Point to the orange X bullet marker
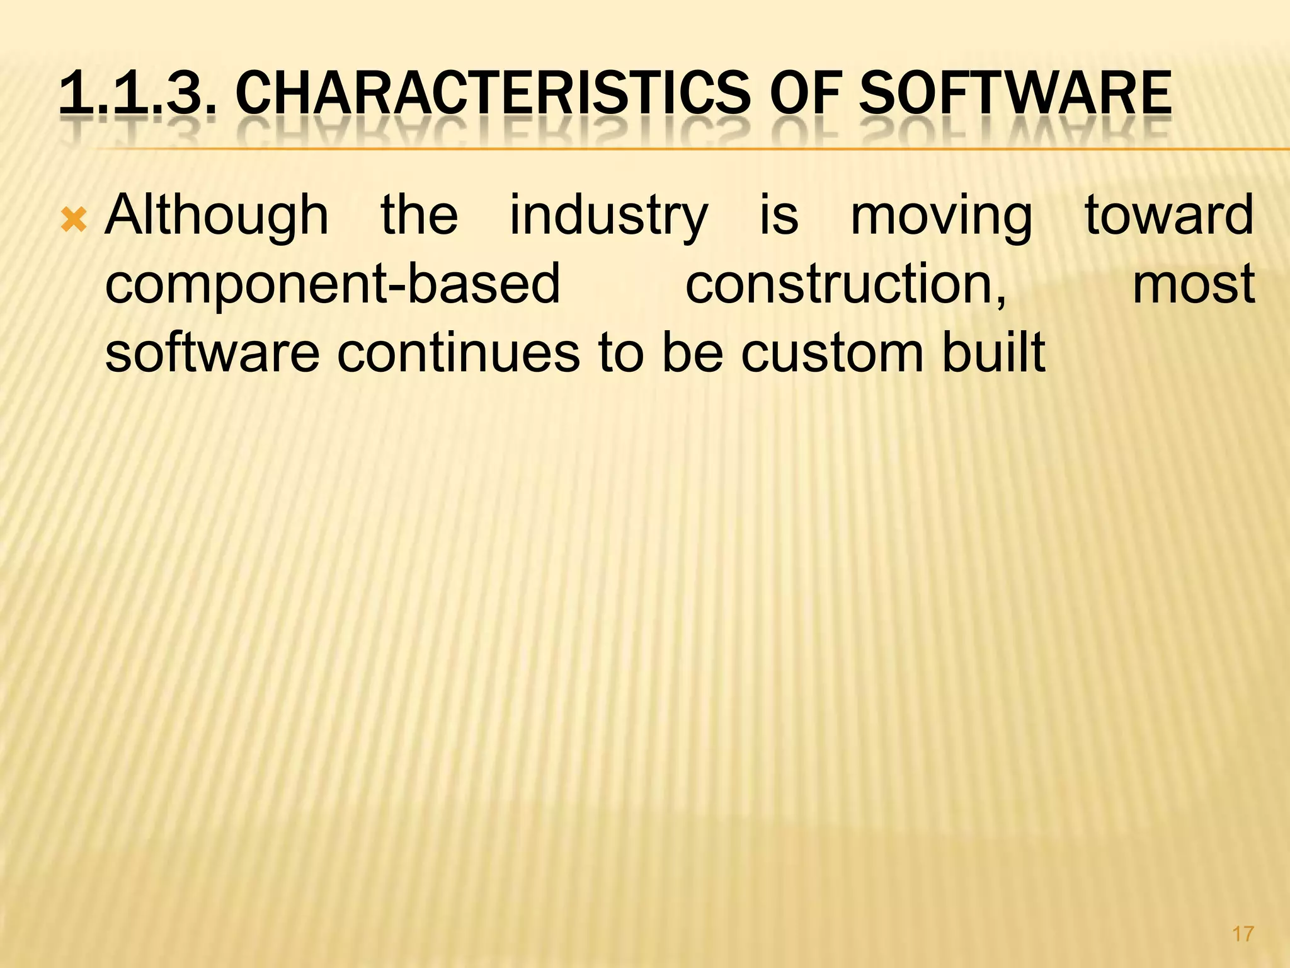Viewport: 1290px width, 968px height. (74, 221)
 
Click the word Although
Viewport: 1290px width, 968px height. (217, 216)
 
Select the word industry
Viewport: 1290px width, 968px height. (608, 216)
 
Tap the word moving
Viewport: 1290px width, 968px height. (941, 216)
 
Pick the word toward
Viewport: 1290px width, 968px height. (1169, 216)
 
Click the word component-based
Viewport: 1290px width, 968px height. (332, 285)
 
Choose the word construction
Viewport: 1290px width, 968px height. (845, 285)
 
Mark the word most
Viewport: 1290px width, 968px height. (1194, 285)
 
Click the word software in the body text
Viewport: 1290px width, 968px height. (212, 353)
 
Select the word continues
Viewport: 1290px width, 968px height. (458, 353)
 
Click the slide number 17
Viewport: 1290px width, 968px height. (1243, 933)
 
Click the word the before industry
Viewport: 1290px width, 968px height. (420, 216)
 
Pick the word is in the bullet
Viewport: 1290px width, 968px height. (779, 216)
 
